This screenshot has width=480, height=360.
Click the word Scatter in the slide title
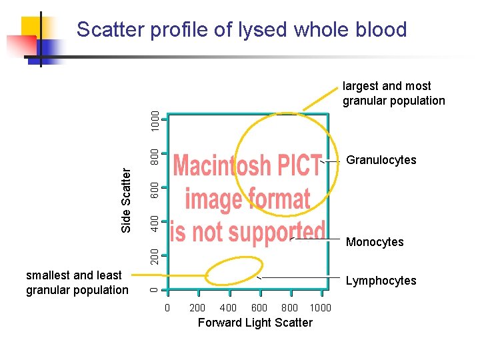tap(111, 30)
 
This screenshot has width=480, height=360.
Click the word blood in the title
tap(377, 30)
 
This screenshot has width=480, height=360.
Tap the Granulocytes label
tap(381, 160)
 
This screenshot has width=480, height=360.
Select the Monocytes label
tap(375, 242)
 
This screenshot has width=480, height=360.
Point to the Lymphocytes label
tap(381, 281)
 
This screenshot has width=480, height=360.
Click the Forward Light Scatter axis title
tap(255, 323)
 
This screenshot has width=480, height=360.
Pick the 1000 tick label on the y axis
tap(154, 121)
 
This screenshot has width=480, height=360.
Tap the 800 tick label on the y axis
tap(154, 157)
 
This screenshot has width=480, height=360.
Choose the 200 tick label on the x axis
tap(197, 308)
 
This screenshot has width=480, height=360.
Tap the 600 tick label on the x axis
tap(259, 308)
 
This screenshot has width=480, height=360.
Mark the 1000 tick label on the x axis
tap(320, 308)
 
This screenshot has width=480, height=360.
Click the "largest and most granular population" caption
tap(393, 93)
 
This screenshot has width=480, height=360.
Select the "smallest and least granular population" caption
tap(77, 283)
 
